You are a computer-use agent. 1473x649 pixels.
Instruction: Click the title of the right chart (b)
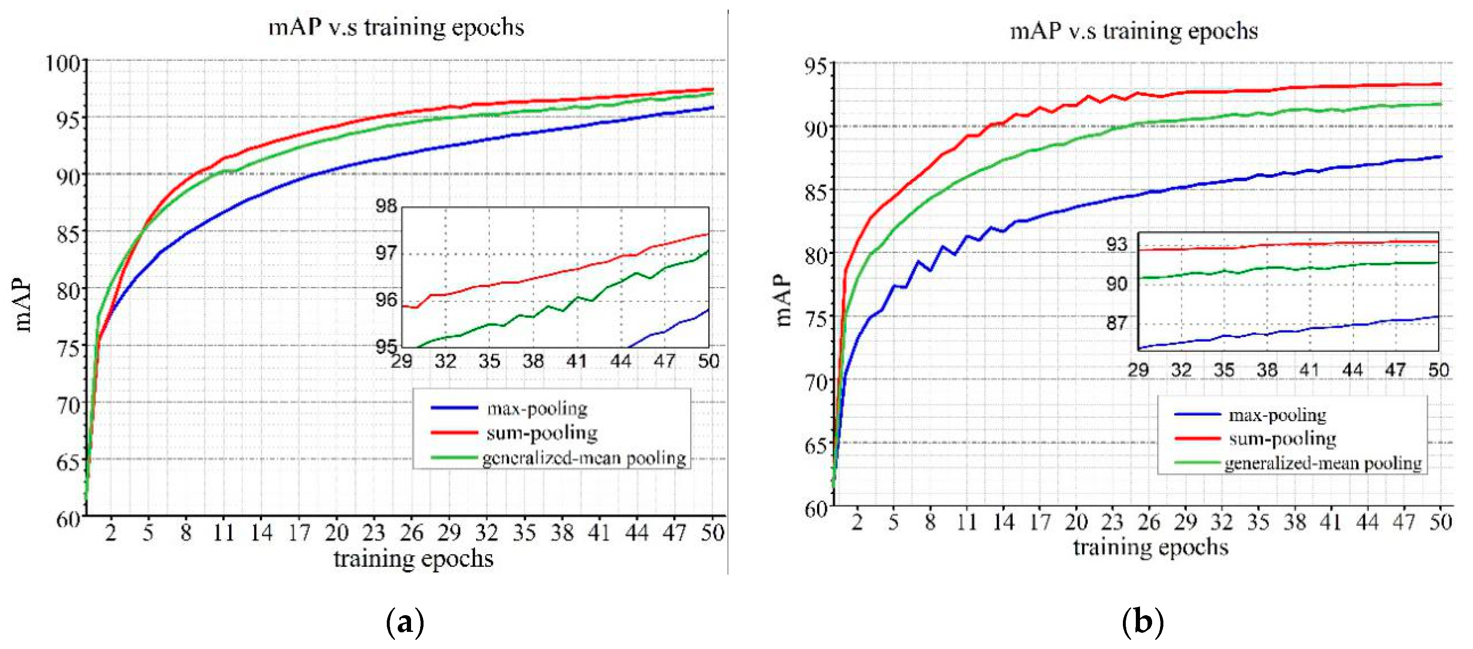pyautogui.click(x=1133, y=30)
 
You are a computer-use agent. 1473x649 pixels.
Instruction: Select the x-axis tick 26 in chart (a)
pyautogui.click(x=411, y=533)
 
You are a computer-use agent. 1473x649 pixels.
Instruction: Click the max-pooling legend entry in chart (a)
pyautogui.click(x=536, y=408)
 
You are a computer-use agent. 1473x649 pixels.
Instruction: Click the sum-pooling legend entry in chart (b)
pyautogui.click(x=1282, y=438)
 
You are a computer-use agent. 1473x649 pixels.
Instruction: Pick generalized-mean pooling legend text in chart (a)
pyautogui.click(x=584, y=458)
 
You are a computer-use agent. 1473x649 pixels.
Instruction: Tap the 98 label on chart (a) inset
pyautogui.click(x=386, y=206)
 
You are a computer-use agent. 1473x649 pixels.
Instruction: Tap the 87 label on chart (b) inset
pyautogui.click(x=1117, y=323)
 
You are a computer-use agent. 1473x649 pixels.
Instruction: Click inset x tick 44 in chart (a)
pyautogui.click(x=620, y=361)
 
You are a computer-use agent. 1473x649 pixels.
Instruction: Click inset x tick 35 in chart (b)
pyautogui.click(x=1224, y=370)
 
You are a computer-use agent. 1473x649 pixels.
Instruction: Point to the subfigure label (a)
pyautogui.click(x=405, y=622)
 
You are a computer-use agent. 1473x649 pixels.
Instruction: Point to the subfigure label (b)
pyautogui.click(x=1143, y=622)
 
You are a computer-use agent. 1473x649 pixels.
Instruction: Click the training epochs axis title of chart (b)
pyautogui.click(x=1150, y=547)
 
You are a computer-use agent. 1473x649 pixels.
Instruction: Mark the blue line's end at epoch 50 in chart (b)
pyautogui.click(x=1440, y=156)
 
